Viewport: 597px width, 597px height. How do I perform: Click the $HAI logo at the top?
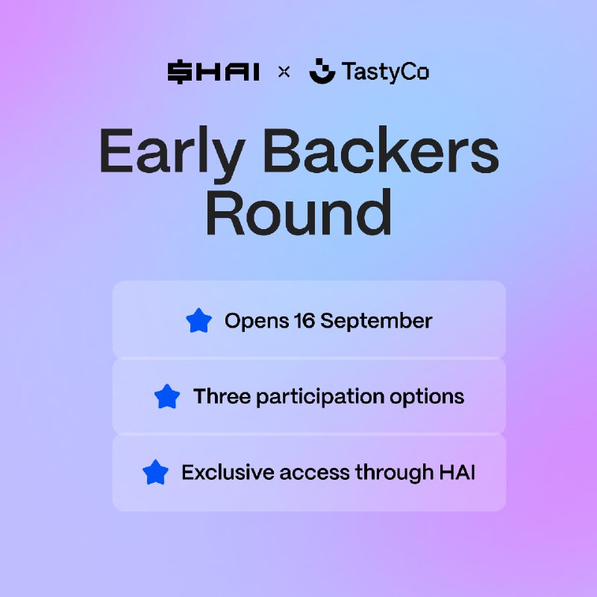213,72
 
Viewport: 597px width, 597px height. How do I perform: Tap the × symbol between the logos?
284,72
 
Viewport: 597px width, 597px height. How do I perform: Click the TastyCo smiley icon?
322,71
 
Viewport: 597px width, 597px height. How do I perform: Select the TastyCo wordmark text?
385,72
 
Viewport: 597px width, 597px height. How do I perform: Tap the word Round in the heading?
299,212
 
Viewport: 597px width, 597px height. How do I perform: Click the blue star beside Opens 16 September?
199,320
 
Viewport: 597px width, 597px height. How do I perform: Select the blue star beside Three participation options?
167,396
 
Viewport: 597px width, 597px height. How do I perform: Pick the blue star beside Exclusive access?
155,472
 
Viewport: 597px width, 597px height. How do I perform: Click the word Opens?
257,322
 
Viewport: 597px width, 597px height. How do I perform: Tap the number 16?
304,320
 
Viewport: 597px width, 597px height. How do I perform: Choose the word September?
376,322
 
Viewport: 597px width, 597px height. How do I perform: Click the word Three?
222,396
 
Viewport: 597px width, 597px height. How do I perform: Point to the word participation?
320,397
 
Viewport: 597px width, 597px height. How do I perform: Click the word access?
314,473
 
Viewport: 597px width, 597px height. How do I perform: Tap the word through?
394,473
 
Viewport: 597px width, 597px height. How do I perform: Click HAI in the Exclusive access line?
457,472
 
